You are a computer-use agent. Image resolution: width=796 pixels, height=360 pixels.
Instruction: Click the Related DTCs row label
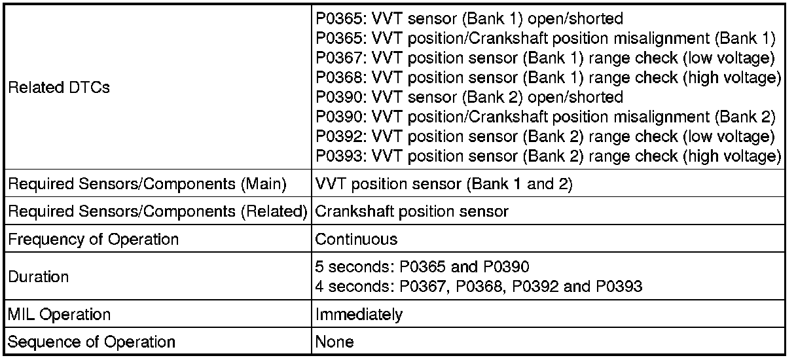point(59,88)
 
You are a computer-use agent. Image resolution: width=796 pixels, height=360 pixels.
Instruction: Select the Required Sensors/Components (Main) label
point(147,185)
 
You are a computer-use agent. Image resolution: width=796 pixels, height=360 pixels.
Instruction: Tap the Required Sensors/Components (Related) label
point(158,212)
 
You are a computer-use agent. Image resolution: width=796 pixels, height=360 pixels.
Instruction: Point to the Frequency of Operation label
point(93,239)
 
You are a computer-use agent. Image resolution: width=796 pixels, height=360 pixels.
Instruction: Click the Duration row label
point(38,276)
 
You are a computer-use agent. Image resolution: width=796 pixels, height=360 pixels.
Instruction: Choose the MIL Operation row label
point(60,314)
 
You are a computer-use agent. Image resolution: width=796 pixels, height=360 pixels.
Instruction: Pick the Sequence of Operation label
point(92,342)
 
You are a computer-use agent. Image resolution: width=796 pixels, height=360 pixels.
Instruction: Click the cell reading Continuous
point(356,239)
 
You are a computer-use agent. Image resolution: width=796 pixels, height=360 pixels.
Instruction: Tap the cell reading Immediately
point(359,314)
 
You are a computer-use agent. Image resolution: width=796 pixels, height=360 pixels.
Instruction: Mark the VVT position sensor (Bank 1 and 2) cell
point(443,185)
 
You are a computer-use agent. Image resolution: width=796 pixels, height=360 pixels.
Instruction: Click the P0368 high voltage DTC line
point(548,78)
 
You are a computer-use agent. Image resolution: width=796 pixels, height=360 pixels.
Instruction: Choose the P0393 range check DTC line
point(548,156)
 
